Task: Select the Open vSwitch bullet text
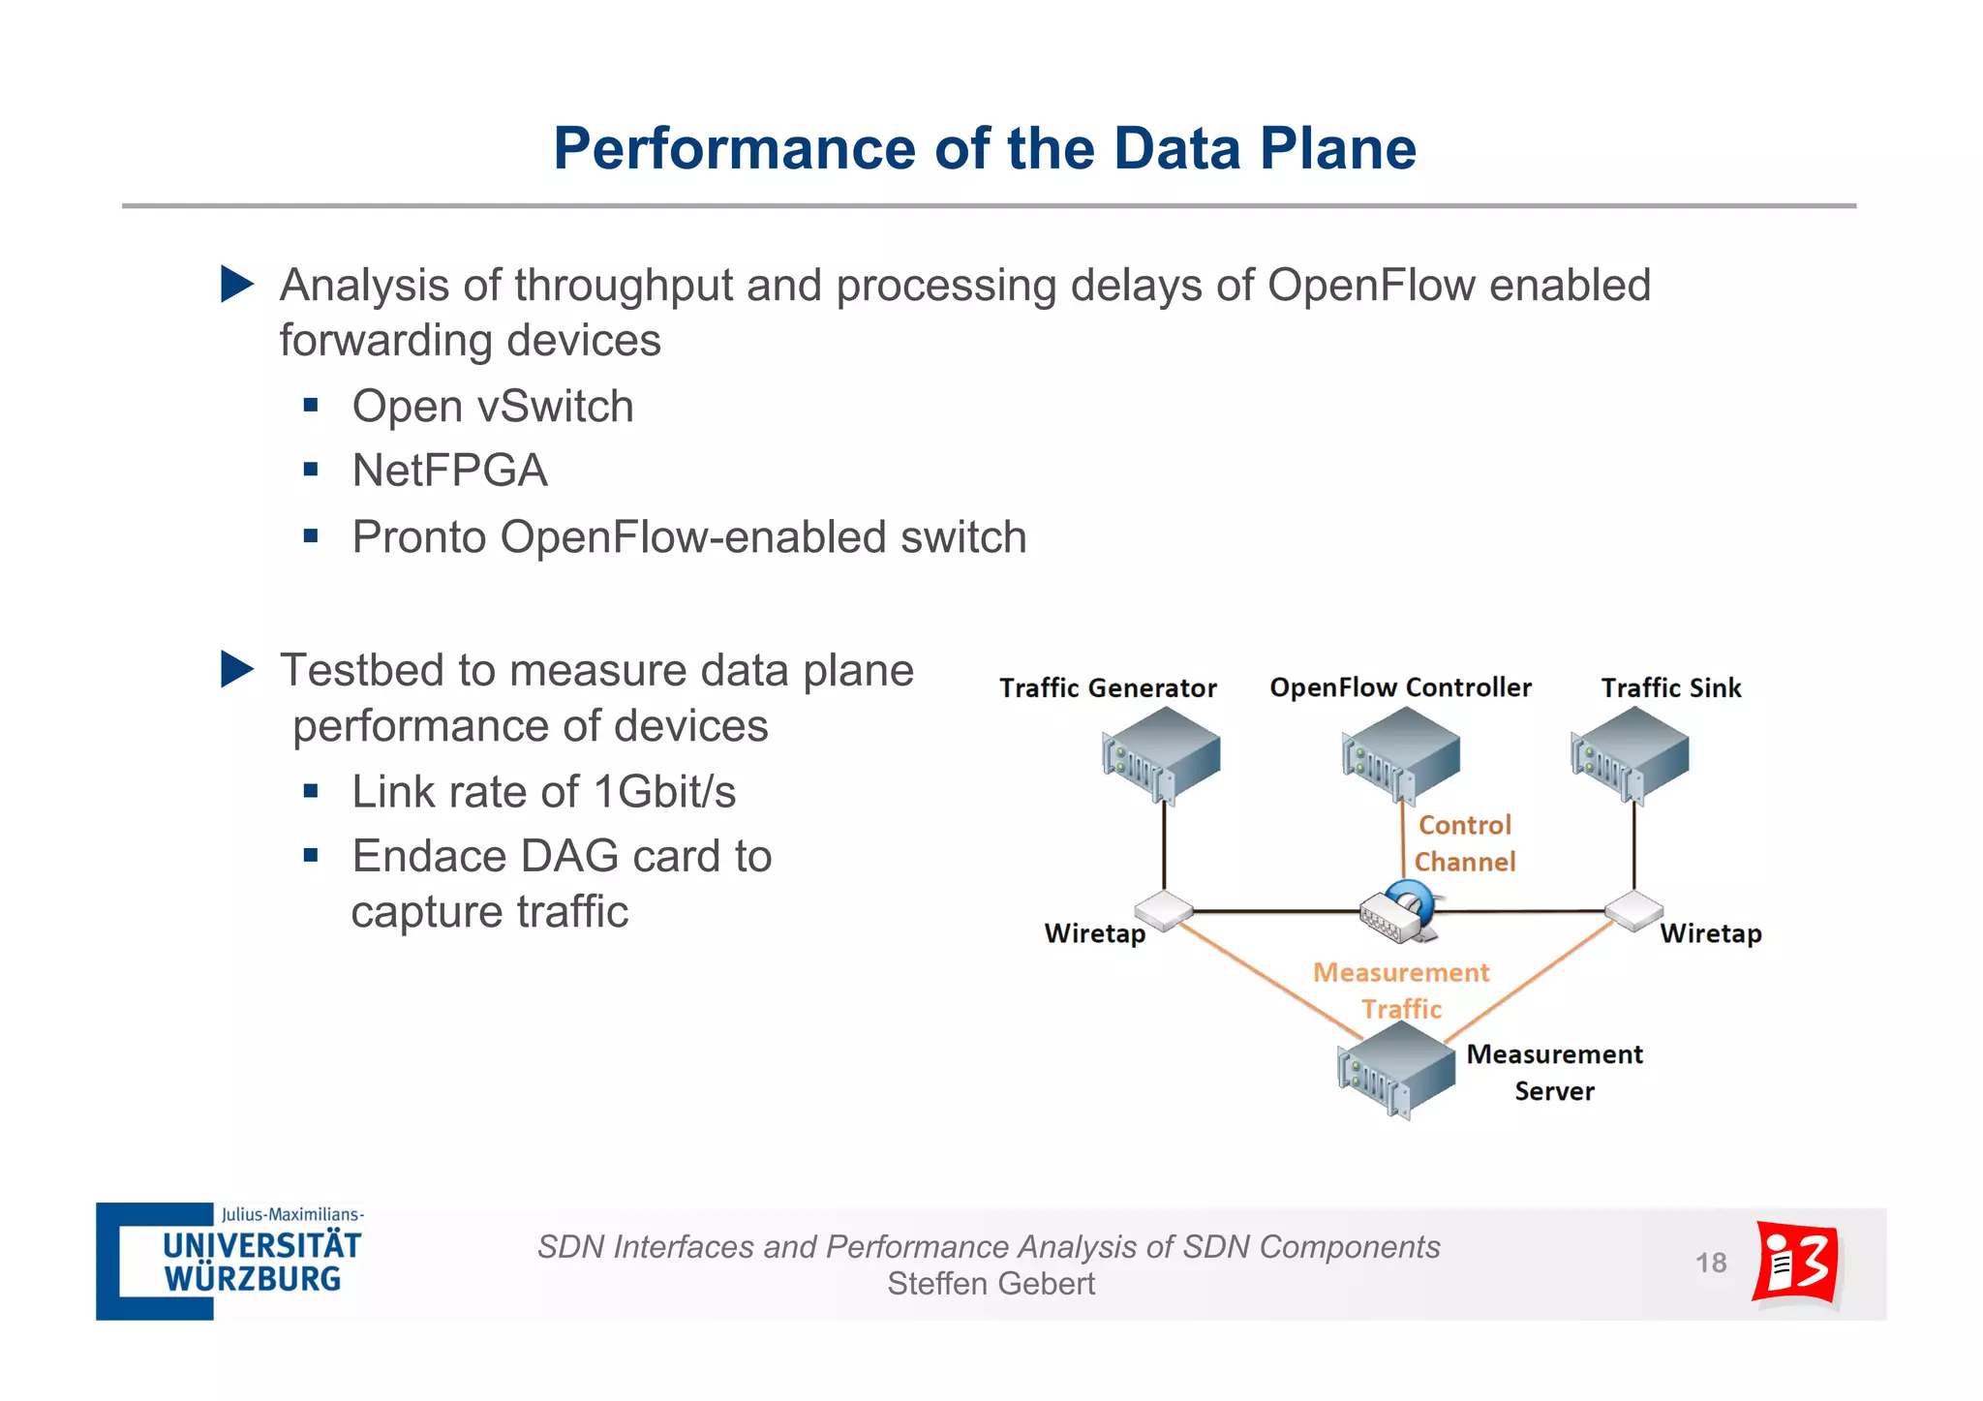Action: [x=492, y=407]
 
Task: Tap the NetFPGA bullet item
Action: [x=449, y=471]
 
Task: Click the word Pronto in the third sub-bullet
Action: [x=418, y=537]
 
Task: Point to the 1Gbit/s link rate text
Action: [x=664, y=792]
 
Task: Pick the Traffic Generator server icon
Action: [x=1161, y=755]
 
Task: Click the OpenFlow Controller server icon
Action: [x=1400, y=755]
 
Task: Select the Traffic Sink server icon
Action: [x=1630, y=755]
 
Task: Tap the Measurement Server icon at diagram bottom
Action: [x=1395, y=1071]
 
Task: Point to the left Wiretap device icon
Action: [x=1163, y=910]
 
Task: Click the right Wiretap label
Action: [x=1711, y=933]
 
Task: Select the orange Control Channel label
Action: [x=1464, y=843]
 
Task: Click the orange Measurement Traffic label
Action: [x=1401, y=990]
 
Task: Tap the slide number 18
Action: [x=1711, y=1263]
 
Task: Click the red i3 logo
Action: [x=1796, y=1263]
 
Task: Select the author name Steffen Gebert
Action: [x=991, y=1284]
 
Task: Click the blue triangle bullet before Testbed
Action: [x=235, y=669]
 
